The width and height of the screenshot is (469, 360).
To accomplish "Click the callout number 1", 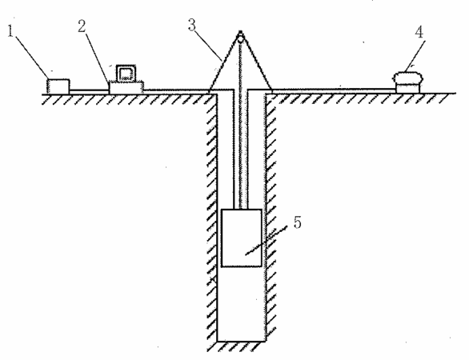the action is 10,31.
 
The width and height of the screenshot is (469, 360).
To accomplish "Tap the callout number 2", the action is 82,26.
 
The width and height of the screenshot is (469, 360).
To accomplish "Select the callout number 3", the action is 192,25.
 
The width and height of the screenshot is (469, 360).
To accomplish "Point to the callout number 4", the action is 419,32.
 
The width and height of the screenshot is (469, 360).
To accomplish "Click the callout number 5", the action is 297,222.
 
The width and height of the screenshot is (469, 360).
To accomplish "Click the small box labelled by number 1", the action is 58,86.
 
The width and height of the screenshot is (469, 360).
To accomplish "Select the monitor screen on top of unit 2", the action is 126,73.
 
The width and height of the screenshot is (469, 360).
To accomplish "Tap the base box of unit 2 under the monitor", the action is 126,88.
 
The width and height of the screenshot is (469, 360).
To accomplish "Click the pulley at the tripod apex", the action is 240,38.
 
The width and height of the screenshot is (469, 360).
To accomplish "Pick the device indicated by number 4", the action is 407,83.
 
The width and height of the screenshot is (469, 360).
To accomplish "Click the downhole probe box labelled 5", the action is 242,238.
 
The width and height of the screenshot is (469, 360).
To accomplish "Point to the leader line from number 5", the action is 267,241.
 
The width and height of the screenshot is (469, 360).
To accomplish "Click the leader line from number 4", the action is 415,55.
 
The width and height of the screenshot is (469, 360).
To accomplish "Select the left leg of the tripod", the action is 223,62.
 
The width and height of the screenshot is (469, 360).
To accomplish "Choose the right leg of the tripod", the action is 257,62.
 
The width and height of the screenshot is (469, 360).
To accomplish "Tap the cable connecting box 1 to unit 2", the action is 89,90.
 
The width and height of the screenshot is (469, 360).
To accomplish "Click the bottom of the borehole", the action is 242,341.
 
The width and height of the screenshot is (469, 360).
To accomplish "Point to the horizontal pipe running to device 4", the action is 335,90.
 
